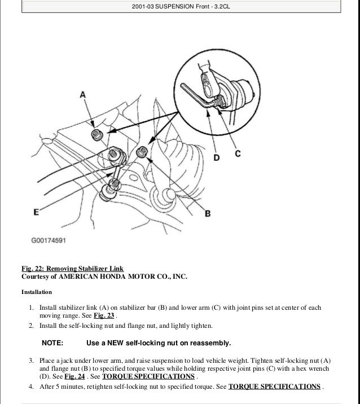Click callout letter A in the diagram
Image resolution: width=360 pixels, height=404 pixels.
click(84, 95)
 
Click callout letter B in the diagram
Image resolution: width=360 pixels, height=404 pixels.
click(207, 213)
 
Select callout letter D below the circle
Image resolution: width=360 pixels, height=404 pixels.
click(217, 158)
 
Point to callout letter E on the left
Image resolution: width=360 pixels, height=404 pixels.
click(36, 213)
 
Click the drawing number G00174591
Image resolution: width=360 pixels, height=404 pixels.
click(49, 240)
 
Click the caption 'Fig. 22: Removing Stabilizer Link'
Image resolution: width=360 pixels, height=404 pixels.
click(72, 268)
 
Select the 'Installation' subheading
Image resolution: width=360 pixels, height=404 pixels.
click(37, 292)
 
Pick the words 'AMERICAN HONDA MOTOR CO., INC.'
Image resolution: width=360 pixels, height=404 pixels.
click(123, 276)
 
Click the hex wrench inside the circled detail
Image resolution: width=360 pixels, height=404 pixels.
click(199, 96)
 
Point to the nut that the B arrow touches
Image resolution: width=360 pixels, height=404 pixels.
click(143, 151)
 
